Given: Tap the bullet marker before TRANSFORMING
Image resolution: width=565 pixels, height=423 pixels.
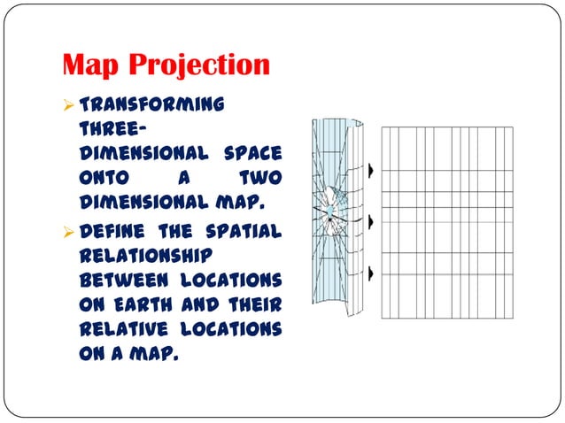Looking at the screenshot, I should [x=68, y=104].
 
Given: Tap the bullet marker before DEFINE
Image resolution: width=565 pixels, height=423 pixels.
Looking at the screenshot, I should [x=68, y=232].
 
